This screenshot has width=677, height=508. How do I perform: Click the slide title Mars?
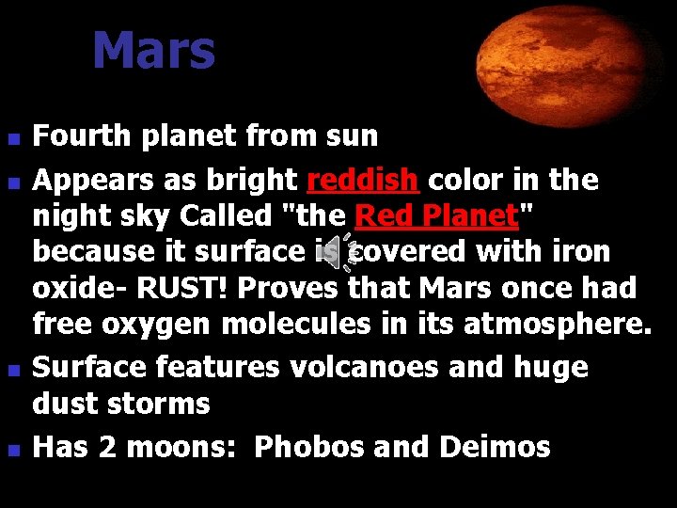[x=153, y=52]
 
